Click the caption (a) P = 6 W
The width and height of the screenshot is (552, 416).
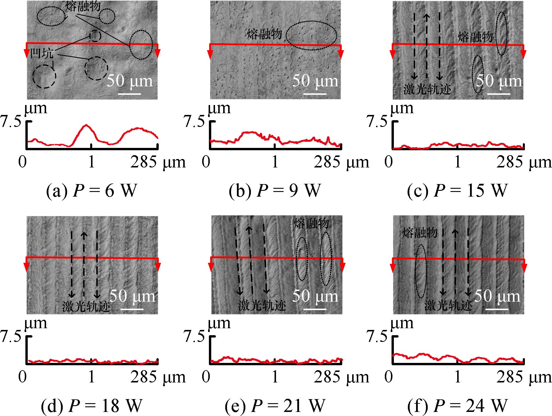click(x=91, y=191)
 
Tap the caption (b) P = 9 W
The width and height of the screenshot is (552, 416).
click(x=275, y=191)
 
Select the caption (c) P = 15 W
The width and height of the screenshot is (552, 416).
click(x=457, y=191)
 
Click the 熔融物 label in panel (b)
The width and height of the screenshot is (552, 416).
click(x=264, y=34)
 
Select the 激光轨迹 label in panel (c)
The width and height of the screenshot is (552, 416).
click(x=427, y=89)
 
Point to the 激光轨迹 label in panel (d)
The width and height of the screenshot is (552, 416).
click(x=86, y=306)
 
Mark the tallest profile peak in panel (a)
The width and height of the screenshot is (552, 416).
click(x=86, y=125)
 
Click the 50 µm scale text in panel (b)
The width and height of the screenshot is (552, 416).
click(x=315, y=81)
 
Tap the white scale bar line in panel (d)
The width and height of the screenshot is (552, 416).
click(x=132, y=309)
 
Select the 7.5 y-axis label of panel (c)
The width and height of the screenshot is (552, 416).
click(x=376, y=122)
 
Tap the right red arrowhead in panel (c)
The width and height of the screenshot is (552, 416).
click(x=524, y=53)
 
